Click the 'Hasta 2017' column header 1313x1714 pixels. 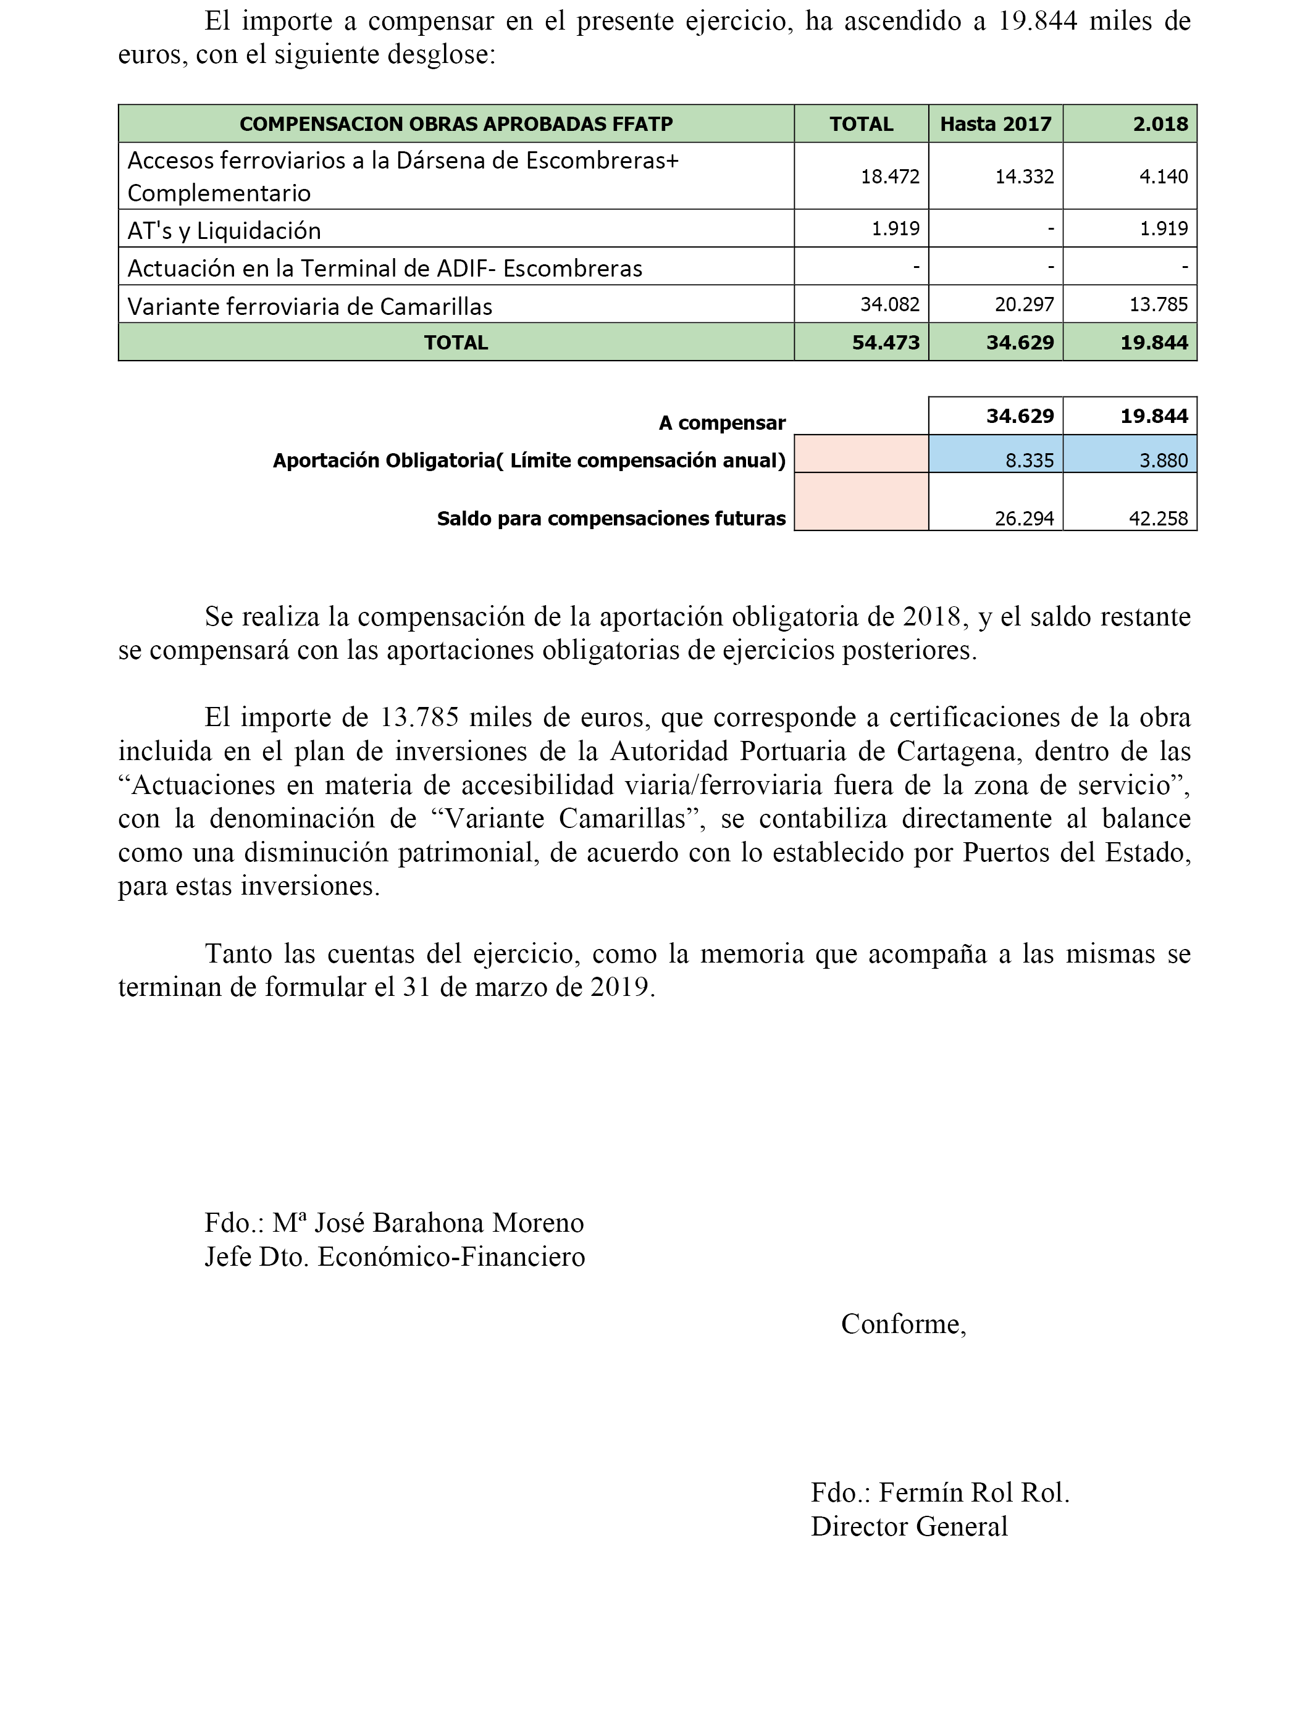995,124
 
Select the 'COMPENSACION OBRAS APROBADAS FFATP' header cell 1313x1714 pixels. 456,124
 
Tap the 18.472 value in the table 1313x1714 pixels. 889,177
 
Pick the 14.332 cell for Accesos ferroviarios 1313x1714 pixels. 1024,177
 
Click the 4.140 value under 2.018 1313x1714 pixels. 1163,177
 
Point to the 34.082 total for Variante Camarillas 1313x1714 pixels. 889,304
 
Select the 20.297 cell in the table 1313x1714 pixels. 1024,304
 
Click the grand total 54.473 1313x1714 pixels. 886,342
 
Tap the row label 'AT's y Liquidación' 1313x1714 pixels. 224,230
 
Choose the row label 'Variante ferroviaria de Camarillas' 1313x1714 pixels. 309,306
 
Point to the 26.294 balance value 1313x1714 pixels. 1024,518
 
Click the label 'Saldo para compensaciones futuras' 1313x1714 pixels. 611,519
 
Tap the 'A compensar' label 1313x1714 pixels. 721,424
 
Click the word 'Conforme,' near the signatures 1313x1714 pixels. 904,1323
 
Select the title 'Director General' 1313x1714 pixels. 909,1526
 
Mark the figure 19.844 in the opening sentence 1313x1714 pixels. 1038,21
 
